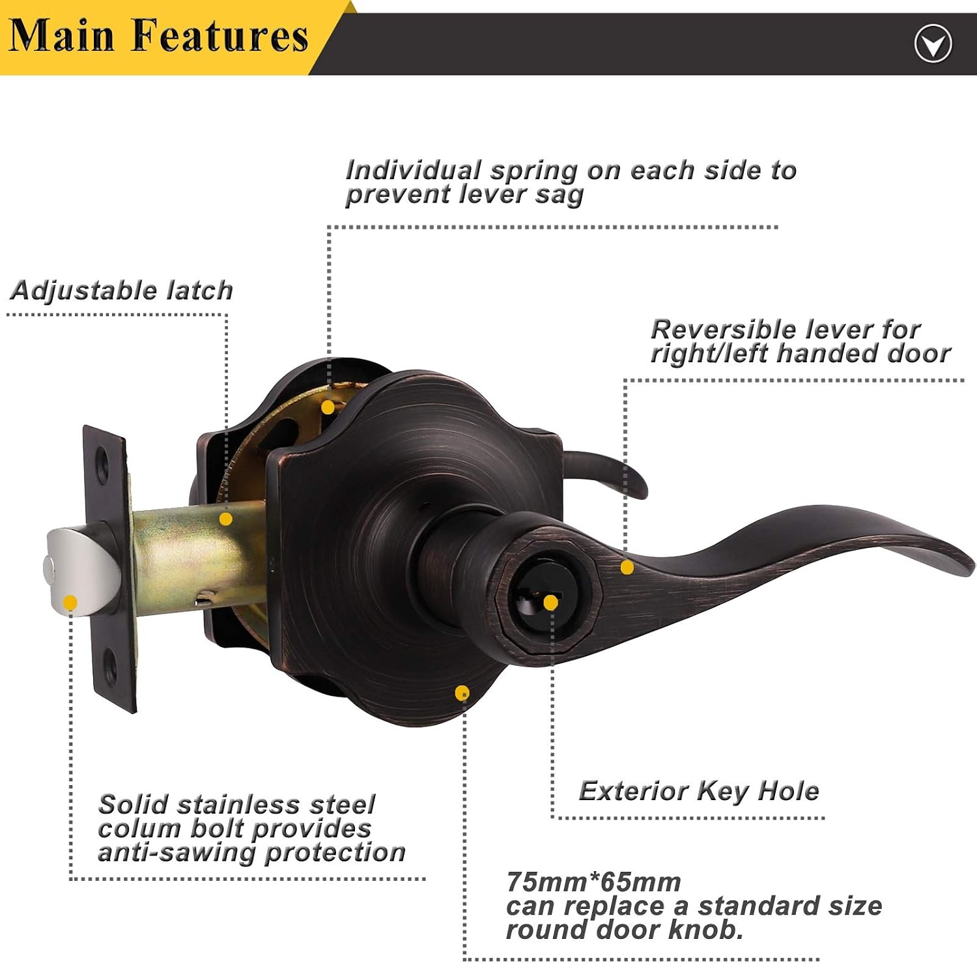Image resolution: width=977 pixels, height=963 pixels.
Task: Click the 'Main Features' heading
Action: click(x=158, y=36)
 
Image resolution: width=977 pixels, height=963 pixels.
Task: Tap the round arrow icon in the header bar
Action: click(x=933, y=44)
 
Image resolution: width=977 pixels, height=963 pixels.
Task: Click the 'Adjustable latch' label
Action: click(x=122, y=291)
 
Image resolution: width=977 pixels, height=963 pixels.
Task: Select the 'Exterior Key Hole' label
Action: click(x=699, y=791)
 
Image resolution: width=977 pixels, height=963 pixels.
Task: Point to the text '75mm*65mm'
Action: click(x=593, y=882)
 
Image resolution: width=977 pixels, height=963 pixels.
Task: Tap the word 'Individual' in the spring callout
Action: click(x=414, y=170)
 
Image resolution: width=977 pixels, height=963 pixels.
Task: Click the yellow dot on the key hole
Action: click(x=550, y=603)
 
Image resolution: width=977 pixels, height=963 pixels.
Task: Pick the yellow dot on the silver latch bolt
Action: click(x=70, y=603)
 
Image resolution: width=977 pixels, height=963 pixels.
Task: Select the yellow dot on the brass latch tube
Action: click(x=225, y=519)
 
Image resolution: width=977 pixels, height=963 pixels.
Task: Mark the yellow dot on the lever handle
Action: click(x=627, y=568)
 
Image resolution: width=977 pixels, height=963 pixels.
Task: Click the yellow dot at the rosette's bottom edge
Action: click(x=462, y=693)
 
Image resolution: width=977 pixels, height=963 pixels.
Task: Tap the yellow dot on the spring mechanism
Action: click(x=328, y=407)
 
